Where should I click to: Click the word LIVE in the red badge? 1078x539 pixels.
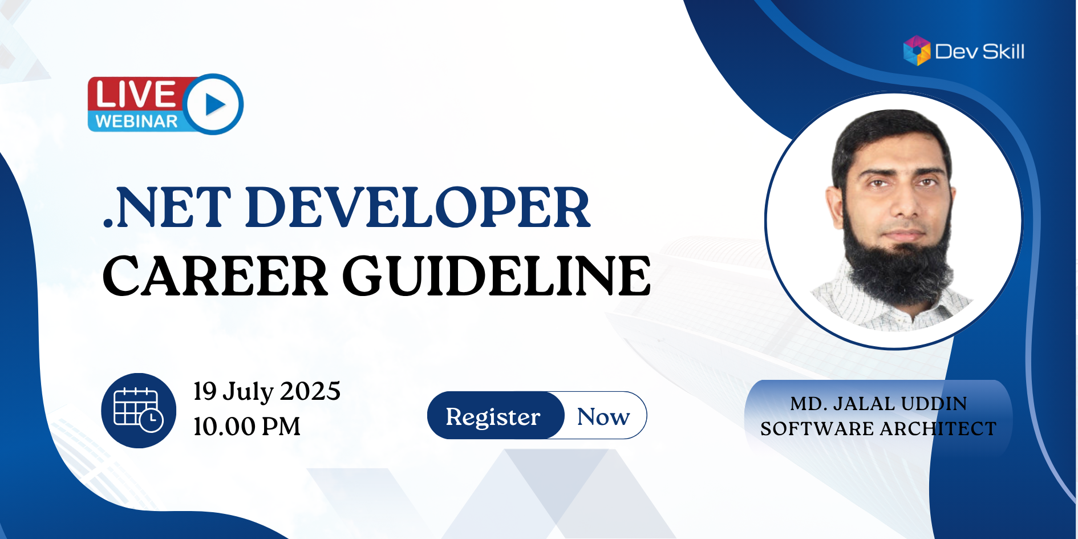coord(136,94)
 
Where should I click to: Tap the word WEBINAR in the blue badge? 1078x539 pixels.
coord(137,121)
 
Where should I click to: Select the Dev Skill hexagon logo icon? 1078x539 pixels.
coord(917,51)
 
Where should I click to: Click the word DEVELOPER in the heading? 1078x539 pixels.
coord(419,208)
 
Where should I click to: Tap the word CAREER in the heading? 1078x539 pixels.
coord(216,276)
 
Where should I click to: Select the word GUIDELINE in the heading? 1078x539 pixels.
coord(497,276)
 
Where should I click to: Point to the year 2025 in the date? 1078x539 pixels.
coord(310,392)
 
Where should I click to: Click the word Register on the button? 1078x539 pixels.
coord(493,418)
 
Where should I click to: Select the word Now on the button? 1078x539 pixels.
coord(603,417)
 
